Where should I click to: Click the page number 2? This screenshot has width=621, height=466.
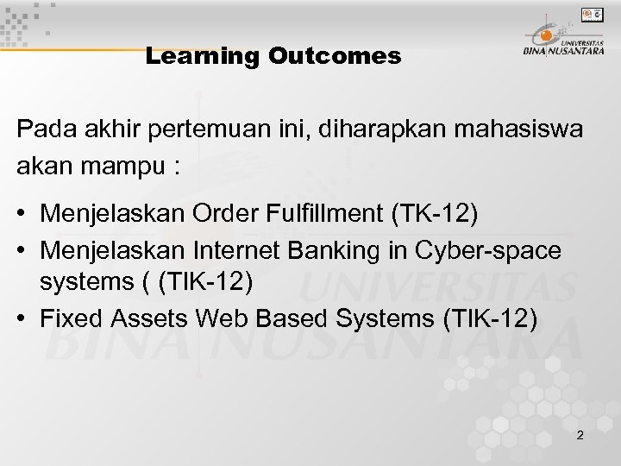580,435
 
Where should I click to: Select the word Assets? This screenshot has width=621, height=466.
153,320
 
